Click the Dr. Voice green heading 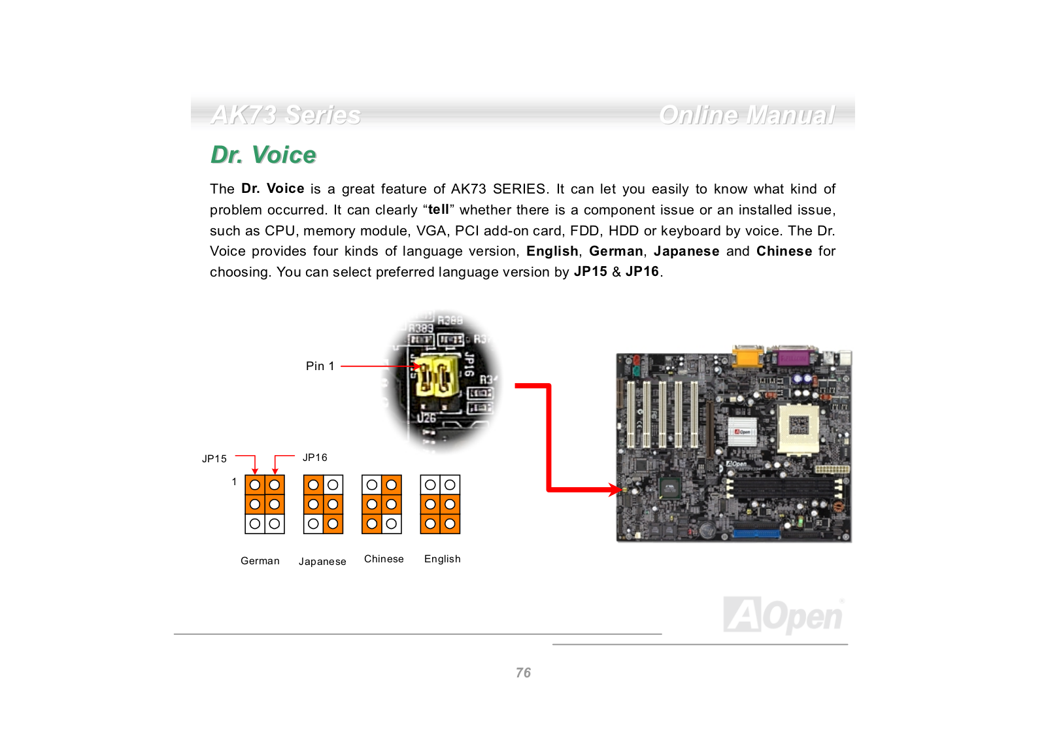tap(263, 155)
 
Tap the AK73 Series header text tap(286, 115)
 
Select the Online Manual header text tap(747, 115)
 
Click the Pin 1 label tap(320, 366)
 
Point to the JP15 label tap(214, 459)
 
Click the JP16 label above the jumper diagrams tap(315, 458)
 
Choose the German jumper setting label tap(260, 561)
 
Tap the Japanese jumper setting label tap(322, 562)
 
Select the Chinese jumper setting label tap(384, 559)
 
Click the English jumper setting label tap(443, 559)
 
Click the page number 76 tap(523, 673)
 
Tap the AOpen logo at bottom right tap(783, 615)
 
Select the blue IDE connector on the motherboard tap(756, 533)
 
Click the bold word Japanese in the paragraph tap(686, 251)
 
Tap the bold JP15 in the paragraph tap(590, 272)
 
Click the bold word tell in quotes tap(438, 209)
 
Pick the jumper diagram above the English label tap(440, 504)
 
